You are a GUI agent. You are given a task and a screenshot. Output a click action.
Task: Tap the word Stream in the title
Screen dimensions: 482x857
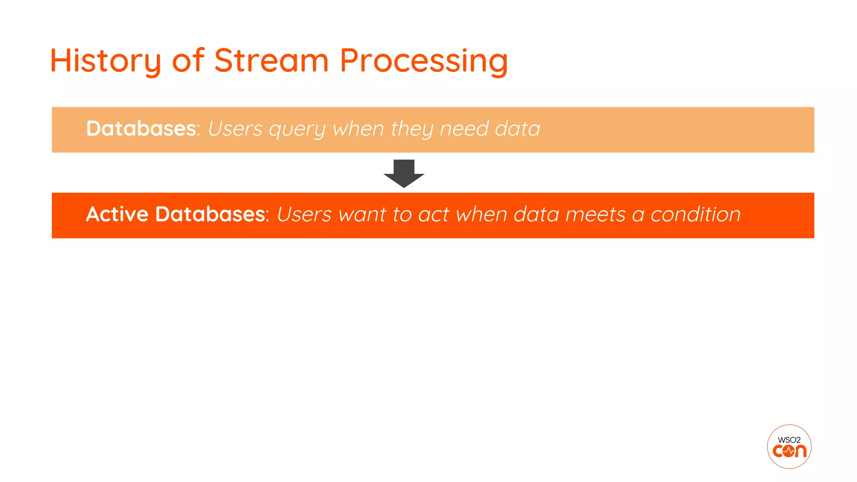[x=271, y=61]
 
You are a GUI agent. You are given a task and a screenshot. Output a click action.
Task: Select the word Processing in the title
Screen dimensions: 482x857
[x=423, y=61]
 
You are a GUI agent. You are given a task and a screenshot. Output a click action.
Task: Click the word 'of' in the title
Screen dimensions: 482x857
[x=188, y=61]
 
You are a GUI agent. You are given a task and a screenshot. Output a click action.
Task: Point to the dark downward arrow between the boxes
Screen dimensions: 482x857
[x=404, y=173]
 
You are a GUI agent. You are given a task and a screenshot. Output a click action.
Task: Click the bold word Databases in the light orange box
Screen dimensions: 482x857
[x=141, y=128]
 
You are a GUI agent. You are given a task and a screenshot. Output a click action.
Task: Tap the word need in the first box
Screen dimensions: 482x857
[x=464, y=128]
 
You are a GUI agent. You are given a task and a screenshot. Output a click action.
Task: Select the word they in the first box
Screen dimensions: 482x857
[x=412, y=129]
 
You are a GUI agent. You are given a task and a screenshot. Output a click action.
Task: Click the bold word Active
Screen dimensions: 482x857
[x=117, y=214]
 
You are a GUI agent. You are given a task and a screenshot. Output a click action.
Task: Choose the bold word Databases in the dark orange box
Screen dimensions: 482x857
[x=210, y=214]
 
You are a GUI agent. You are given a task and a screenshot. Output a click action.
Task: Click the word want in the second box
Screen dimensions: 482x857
[x=362, y=215]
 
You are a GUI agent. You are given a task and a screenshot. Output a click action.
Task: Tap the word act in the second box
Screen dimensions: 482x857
[x=433, y=215]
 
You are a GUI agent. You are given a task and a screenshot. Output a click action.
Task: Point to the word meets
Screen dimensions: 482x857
[x=595, y=215]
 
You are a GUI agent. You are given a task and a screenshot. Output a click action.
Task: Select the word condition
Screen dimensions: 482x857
[x=695, y=215]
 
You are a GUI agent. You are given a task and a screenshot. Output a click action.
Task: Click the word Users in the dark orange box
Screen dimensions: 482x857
[x=304, y=215]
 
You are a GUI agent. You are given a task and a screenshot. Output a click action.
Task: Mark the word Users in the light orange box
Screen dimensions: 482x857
[x=235, y=128]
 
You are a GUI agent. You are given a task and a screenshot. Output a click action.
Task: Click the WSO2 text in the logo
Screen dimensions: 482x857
[x=789, y=440]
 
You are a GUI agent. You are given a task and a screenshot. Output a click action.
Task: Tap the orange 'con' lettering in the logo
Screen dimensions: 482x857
[x=789, y=451]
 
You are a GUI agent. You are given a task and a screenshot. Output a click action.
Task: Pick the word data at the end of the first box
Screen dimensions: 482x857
[x=517, y=128]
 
